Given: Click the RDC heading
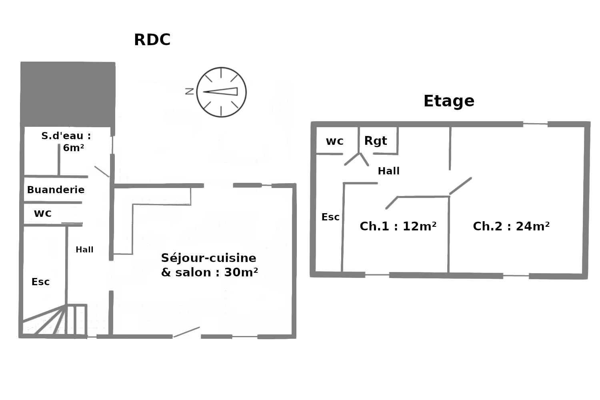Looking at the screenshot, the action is [x=152, y=40].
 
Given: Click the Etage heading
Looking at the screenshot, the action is [x=449, y=101].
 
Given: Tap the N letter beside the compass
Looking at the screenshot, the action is [x=190, y=91].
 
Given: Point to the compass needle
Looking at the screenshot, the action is [x=220, y=92].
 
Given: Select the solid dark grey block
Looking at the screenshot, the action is [x=68, y=94].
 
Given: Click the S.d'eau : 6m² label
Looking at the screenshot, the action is [x=66, y=142].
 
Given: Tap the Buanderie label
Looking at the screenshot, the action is [x=56, y=190].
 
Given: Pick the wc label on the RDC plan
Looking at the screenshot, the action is [x=42, y=214].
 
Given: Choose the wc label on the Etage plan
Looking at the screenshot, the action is [x=334, y=141].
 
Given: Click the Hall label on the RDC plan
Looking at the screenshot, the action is [x=84, y=250].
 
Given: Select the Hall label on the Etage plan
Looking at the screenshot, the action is [x=388, y=171].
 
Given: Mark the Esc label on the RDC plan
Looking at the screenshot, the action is [x=40, y=282].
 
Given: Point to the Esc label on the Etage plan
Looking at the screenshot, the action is [x=330, y=217].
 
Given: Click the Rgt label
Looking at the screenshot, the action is [x=376, y=141].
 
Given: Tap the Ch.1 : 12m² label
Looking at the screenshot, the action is [x=398, y=226].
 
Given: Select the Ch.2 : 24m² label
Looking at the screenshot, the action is [x=511, y=226].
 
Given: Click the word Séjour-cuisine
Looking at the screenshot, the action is [x=208, y=258].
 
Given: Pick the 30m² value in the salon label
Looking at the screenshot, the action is [x=241, y=272].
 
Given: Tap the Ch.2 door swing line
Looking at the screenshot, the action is [x=460, y=186].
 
